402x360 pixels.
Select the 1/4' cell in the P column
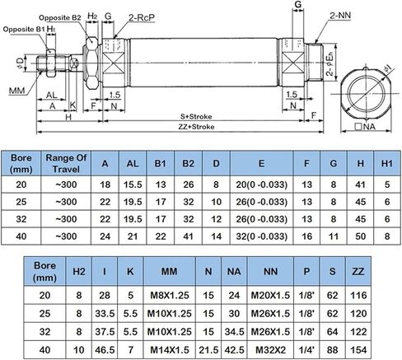(306, 349)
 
